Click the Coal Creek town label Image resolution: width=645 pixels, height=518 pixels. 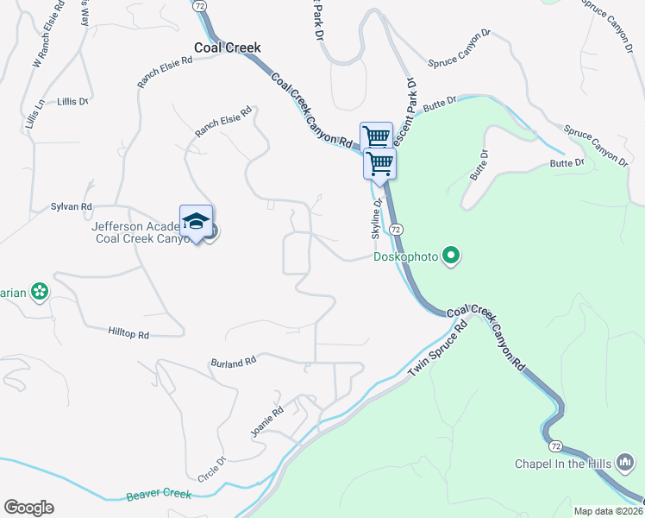227,48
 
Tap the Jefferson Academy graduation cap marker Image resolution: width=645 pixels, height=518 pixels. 197,223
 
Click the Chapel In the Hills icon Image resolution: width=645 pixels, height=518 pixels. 625,464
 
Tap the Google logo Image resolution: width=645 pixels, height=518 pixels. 28,508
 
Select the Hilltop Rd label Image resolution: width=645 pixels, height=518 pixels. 129,333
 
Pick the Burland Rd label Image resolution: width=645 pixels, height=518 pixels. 234,361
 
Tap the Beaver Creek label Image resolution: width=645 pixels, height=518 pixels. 158,496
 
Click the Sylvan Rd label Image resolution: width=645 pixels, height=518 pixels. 72,207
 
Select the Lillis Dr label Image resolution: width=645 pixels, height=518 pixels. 73,102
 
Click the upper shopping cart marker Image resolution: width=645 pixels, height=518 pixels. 376,136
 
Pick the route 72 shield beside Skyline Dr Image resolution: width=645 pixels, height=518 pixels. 396,229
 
